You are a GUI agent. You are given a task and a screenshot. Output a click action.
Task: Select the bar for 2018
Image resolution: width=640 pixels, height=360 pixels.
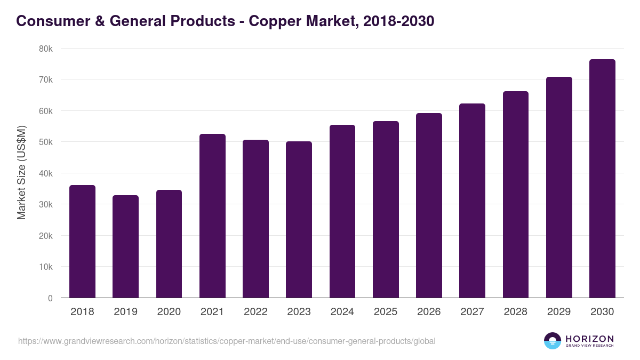point(82,242)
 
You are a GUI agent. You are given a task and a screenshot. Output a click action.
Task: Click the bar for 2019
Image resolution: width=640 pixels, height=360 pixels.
point(125,246)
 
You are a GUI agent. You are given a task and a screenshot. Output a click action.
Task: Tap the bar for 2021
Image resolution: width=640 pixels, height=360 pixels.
point(212,216)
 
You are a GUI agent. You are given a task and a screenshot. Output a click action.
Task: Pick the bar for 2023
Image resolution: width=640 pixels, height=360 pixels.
point(299,220)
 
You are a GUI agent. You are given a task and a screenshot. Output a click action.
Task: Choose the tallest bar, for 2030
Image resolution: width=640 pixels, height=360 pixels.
point(602,179)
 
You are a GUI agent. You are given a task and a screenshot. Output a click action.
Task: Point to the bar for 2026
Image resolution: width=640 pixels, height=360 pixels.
point(429,205)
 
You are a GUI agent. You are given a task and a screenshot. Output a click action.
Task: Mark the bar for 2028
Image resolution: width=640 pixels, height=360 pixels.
point(516,195)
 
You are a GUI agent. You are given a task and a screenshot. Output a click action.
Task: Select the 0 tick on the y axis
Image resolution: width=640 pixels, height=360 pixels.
point(50,298)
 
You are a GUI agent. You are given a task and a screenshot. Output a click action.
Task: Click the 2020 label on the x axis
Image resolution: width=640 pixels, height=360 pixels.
point(169,312)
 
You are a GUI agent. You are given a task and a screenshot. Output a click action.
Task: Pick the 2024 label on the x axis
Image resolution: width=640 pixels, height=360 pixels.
point(342,312)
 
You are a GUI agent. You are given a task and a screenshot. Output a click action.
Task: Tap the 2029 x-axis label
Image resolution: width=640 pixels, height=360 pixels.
point(559,312)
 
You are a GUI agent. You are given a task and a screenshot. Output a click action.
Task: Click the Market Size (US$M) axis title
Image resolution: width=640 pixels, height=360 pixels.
point(21,173)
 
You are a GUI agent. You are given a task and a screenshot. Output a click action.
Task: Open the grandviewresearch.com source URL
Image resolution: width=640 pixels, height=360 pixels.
point(227,341)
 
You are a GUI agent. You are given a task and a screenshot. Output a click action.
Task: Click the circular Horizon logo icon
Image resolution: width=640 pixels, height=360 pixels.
point(553,341)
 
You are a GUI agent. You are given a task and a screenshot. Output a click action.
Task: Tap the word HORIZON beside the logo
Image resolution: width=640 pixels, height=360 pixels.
point(589,339)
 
